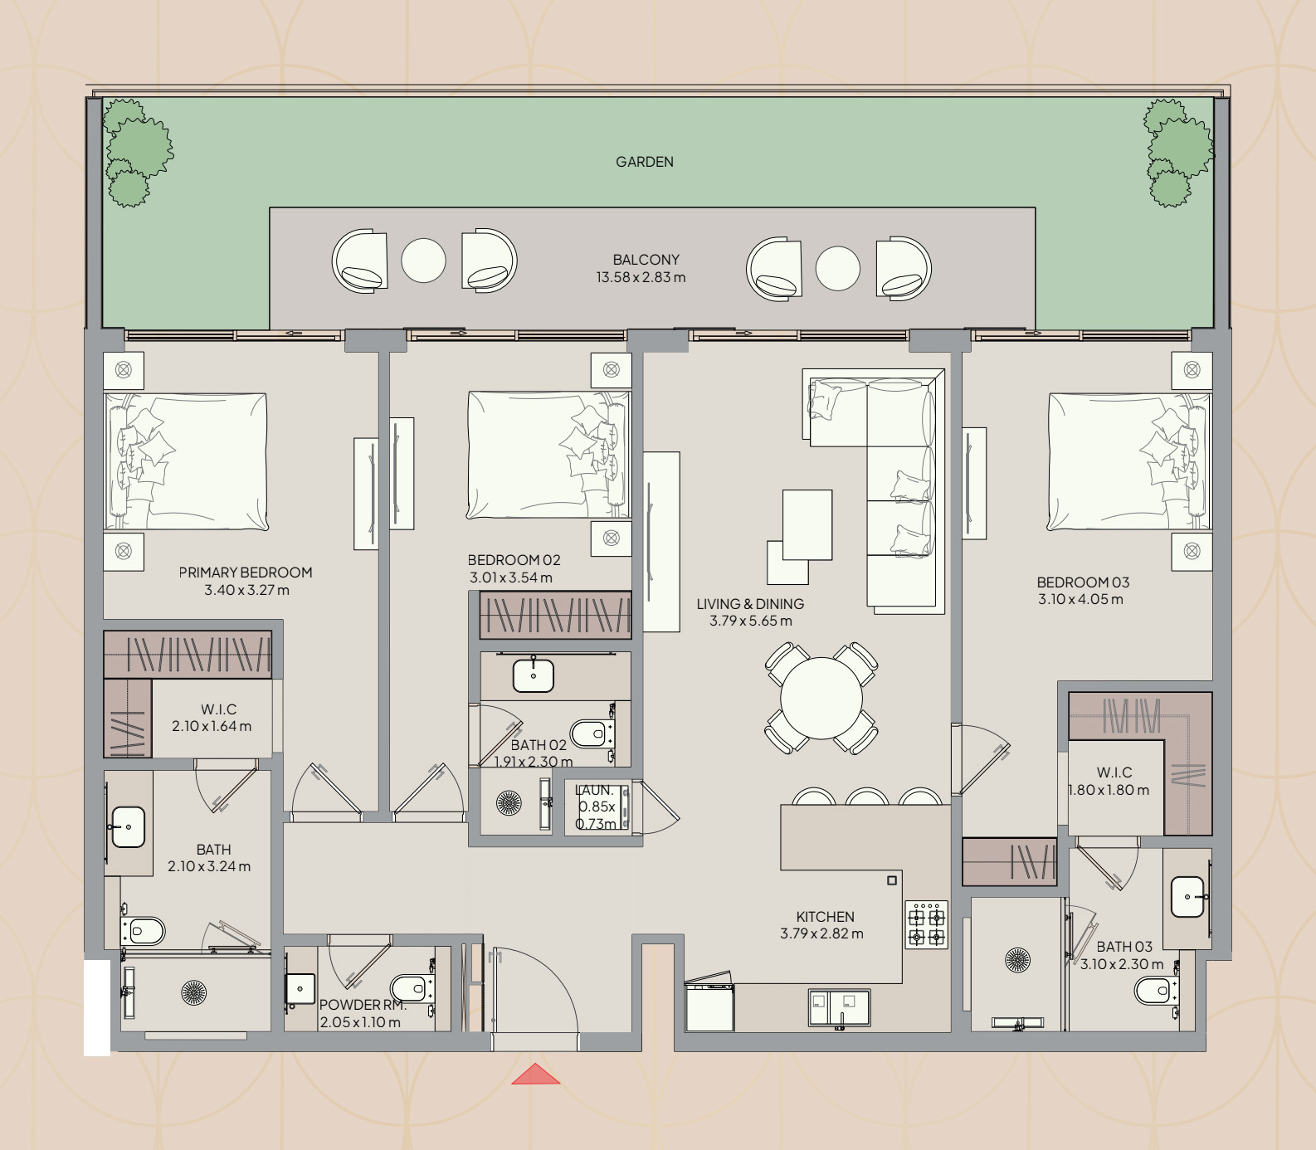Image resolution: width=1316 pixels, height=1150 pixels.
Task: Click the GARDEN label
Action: point(645,162)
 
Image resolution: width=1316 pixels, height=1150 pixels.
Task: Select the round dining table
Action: point(821,698)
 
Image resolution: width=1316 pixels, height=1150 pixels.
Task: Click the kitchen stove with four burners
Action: point(926,925)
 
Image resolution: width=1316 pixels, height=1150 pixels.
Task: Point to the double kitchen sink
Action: point(839,1008)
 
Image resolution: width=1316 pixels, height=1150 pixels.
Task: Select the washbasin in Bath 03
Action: point(1187,897)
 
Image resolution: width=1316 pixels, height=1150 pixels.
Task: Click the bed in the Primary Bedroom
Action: point(186,461)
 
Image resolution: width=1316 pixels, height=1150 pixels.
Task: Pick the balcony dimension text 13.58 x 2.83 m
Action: point(641,277)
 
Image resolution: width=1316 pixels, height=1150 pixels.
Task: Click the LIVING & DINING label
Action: point(750,604)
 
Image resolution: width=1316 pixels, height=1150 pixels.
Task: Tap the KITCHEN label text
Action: point(825,917)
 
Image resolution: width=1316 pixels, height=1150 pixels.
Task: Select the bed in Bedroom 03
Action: point(1129,461)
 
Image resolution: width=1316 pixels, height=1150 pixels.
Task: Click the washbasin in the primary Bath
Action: point(128,827)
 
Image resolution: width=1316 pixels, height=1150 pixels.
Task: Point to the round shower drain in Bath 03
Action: point(1017,960)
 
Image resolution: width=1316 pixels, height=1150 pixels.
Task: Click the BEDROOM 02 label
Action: point(514,560)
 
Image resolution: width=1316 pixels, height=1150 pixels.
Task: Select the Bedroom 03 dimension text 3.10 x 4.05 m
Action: point(1080,599)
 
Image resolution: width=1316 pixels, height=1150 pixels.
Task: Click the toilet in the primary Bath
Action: point(144,931)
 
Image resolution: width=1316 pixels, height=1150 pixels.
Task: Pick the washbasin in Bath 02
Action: point(533,675)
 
